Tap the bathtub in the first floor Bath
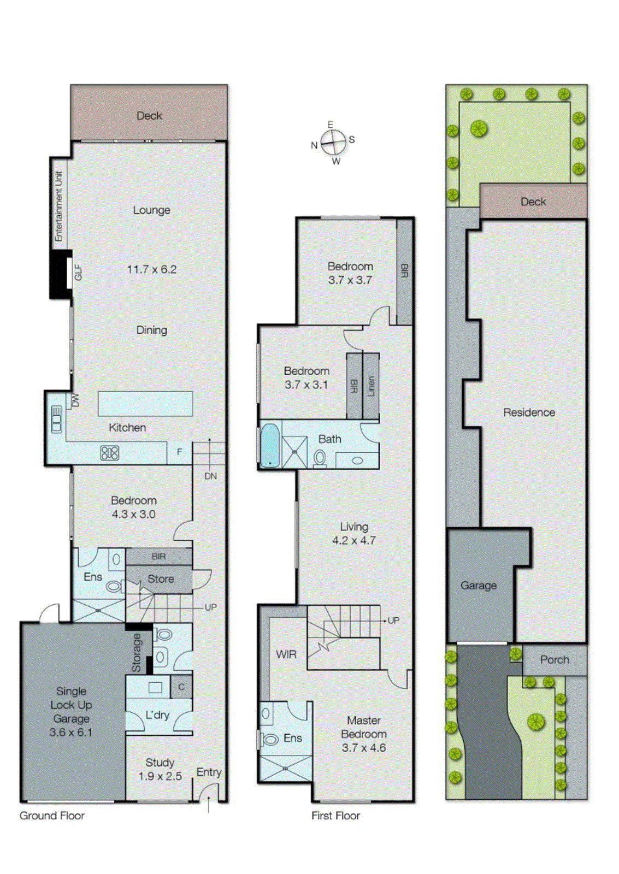coord(269,445)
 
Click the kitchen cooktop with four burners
coord(109,453)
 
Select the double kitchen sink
coord(56,419)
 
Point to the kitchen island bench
coord(145,404)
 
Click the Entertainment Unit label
coord(59,206)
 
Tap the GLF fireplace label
coord(78,272)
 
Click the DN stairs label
coord(210,476)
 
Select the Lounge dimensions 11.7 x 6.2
coord(152,269)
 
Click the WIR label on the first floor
coord(286,654)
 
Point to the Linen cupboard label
coord(372,386)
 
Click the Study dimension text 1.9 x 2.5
coord(160,776)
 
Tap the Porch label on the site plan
coord(555,660)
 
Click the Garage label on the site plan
coord(479,586)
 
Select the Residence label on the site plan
coord(529,412)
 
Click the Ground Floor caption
coord(52,816)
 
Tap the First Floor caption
coord(335,816)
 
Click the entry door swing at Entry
coord(209,793)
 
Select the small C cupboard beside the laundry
coord(181,687)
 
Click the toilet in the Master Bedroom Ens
coord(270,740)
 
